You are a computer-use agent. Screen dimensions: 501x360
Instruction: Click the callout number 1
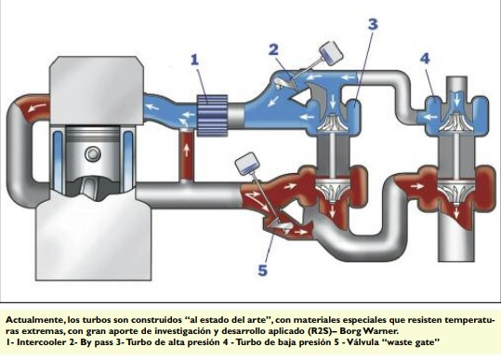(x=195, y=60)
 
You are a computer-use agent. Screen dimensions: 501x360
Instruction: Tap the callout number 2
(x=273, y=49)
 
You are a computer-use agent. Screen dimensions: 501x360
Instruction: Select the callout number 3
(x=373, y=24)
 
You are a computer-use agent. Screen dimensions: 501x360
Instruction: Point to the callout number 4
(x=425, y=59)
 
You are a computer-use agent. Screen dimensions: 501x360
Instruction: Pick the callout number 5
(x=262, y=271)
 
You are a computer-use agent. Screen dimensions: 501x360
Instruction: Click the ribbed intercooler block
(x=213, y=115)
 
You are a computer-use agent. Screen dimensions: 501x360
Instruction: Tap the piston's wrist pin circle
(x=93, y=154)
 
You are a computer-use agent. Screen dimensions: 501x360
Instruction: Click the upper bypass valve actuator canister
(x=331, y=53)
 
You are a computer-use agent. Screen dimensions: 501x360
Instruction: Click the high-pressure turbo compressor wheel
(x=333, y=123)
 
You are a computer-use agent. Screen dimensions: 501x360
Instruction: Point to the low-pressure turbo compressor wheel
(x=456, y=121)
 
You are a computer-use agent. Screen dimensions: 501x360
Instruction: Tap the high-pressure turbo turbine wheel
(x=333, y=191)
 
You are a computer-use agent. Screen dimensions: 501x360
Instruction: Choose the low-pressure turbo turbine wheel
(x=456, y=193)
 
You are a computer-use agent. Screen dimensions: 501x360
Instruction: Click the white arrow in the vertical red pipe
(x=186, y=150)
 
